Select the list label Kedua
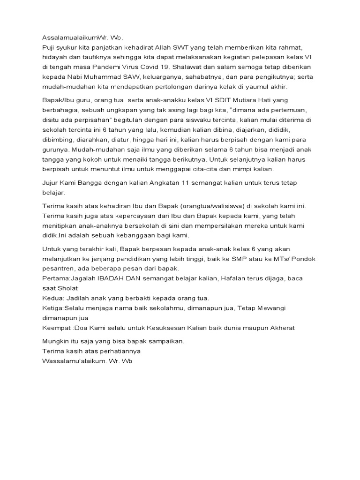pos(52,298)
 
